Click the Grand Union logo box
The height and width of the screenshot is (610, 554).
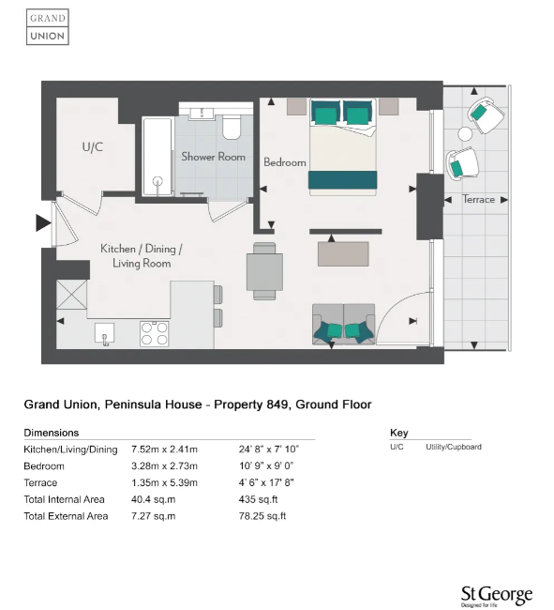tap(47, 27)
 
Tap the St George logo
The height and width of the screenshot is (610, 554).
tap(496, 595)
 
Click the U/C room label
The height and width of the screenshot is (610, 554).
tap(92, 147)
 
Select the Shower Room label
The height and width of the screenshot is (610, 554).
tap(213, 157)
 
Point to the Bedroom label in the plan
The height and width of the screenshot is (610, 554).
tap(284, 162)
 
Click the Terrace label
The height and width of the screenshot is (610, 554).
tap(478, 200)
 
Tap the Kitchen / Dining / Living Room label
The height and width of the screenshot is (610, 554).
tap(142, 256)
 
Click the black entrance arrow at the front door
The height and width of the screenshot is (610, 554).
tap(43, 223)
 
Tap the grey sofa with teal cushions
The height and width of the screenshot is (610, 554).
tap(343, 324)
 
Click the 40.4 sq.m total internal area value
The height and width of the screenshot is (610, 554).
tap(150, 499)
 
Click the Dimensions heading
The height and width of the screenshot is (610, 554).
tap(51, 433)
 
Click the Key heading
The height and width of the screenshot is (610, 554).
tap(397, 433)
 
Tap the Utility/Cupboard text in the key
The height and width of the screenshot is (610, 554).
tap(454, 447)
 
